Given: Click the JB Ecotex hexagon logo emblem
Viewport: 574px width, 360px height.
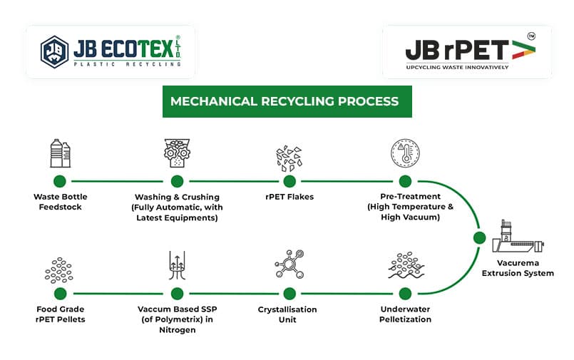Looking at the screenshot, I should pos(55,51).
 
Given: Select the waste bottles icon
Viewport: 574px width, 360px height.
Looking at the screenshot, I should pos(60,153).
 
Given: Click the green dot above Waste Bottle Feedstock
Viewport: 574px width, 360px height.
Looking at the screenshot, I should pos(60,182).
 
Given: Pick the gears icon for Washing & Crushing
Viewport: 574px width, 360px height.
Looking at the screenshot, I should pos(177,153).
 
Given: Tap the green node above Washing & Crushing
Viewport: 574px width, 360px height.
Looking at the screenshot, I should pos(177,182).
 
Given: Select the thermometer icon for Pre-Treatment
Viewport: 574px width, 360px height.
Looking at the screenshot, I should pos(405,153).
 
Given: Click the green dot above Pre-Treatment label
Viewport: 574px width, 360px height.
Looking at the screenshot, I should pos(405,182).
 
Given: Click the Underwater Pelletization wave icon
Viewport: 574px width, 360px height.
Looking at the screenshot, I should pos(405,266).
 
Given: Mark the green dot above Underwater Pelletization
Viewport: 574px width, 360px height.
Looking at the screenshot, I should pos(405,294).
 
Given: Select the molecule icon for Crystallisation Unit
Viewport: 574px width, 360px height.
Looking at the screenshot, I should pos(289,265).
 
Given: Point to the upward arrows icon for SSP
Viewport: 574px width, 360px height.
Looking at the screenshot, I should pos(177,266).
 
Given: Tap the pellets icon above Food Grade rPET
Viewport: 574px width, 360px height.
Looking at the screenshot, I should pos(60,269).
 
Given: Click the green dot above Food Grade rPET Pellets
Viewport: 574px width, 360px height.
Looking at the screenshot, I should pos(60,294).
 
